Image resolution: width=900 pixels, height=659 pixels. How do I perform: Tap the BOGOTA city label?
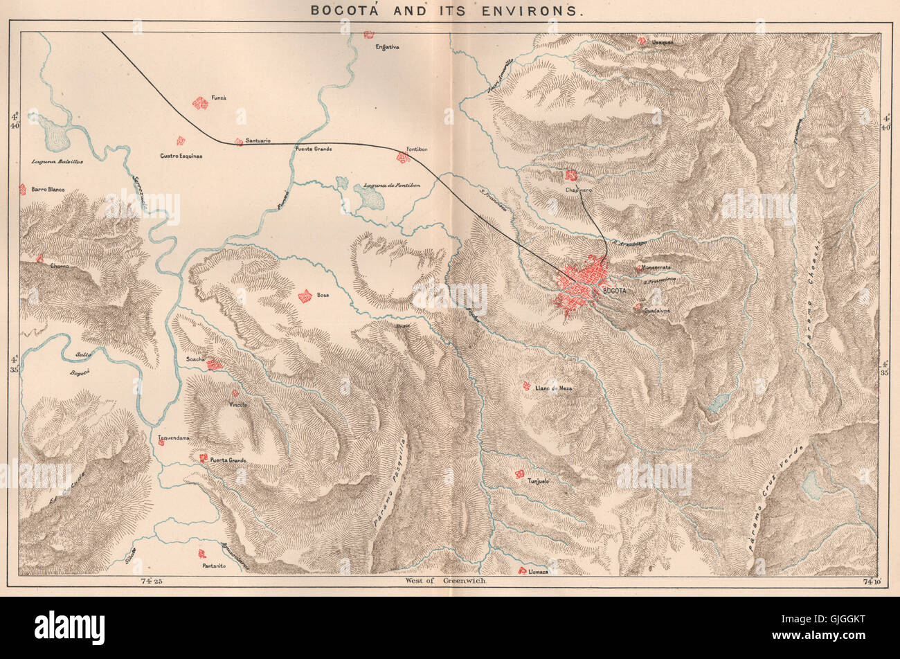click(615, 291)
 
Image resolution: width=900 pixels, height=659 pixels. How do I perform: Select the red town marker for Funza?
click(200, 103)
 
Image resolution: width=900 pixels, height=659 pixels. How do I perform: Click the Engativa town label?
click(388, 47)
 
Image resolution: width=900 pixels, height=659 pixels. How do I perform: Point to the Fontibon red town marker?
click(402, 158)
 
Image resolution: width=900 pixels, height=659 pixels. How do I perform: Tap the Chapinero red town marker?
click(571, 175)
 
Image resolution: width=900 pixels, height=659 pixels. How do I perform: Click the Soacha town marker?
click(215, 364)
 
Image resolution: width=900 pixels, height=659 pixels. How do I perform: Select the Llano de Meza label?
click(554, 389)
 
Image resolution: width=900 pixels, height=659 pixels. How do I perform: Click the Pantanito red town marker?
click(202, 554)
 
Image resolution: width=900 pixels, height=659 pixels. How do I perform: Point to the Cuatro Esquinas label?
click(181, 156)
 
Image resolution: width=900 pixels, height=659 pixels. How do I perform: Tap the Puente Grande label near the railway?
click(314, 150)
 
